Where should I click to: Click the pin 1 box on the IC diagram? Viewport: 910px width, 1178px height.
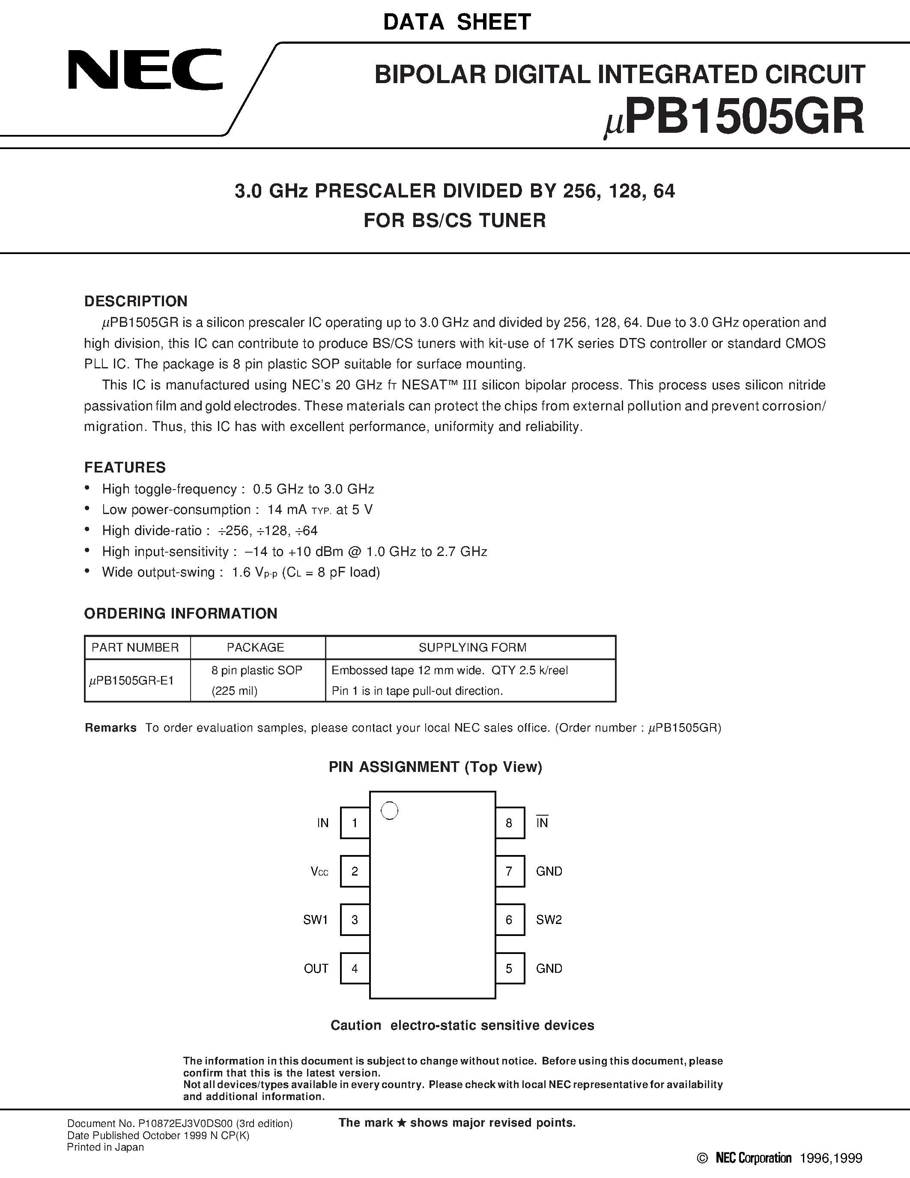355,822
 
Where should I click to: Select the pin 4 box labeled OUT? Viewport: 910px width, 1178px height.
355,968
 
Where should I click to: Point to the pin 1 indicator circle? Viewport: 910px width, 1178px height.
389,811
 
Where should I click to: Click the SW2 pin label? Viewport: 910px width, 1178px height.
549,920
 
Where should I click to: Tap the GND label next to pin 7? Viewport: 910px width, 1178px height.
549,871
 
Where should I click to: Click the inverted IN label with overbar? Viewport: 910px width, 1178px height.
542,822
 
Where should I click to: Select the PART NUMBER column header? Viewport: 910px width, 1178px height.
135,647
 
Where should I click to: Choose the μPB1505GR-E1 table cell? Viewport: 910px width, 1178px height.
132,681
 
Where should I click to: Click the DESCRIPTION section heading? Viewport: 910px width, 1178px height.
136,301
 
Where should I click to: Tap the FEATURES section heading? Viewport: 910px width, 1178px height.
125,467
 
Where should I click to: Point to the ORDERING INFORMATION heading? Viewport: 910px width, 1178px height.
181,613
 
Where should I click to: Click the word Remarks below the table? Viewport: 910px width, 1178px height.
110,728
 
